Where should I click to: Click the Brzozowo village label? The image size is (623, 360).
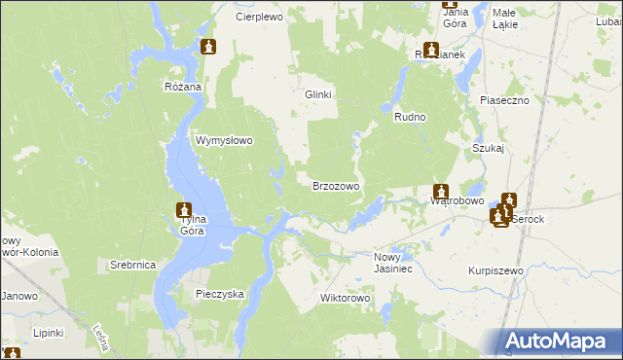[x=336, y=185]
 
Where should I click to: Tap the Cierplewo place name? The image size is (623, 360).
[x=258, y=17]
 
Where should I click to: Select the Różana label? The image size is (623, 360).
[x=182, y=87]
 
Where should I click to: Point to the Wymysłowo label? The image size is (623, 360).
[x=225, y=140]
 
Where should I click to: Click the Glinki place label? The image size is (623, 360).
[x=318, y=94]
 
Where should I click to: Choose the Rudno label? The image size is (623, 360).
[x=410, y=117]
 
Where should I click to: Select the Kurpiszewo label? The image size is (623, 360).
[x=495, y=270]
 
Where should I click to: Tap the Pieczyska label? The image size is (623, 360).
[x=220, y=292]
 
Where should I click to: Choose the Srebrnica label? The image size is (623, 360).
[x=132, y=265]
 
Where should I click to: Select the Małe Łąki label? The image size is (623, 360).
[x=504, y=18]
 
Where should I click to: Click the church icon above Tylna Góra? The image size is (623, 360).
[x=183, y=209]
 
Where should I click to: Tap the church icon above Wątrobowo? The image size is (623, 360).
[x=441, y=192]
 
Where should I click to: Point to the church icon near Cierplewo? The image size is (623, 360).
[x=207, y=47]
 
